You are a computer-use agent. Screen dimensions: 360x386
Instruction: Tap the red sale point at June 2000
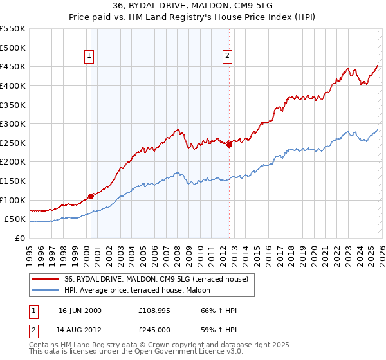(91, 196)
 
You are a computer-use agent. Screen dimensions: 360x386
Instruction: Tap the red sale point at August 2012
(229, 145)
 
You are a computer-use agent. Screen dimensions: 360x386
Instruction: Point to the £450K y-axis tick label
(12, 66)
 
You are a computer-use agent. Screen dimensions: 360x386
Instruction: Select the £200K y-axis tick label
(12, 161)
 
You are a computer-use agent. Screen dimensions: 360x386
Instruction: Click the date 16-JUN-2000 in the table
(80, 310)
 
